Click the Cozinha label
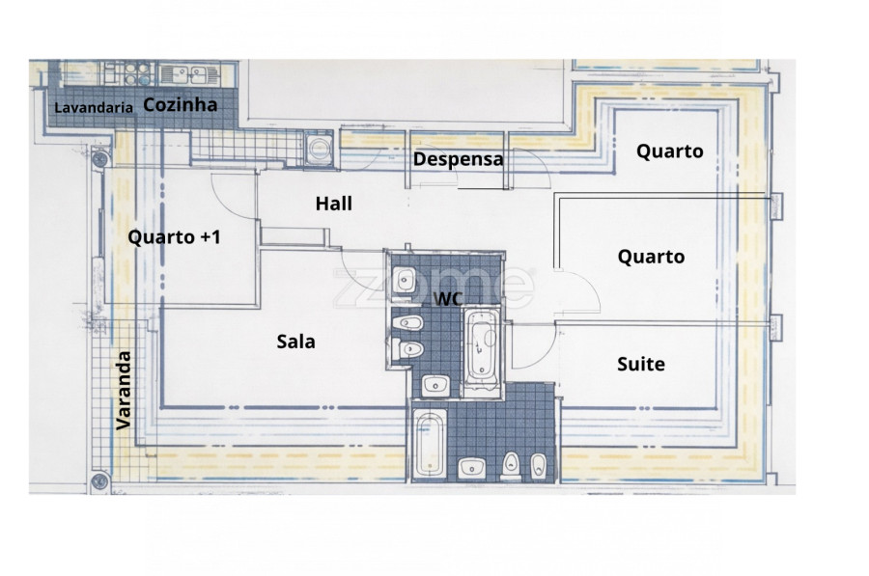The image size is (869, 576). coord(181,104)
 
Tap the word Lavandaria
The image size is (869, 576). coord(94,107)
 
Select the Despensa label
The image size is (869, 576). coord(459,159)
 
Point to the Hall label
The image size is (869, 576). coord(334,204)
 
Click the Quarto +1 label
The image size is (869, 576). coord(175,237)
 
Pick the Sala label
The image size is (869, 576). coord(296,342)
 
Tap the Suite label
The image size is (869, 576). coord(641,364)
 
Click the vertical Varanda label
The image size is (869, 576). coord(124,391)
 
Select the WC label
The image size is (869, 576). coord(448,298)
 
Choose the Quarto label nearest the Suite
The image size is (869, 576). coord(651,257)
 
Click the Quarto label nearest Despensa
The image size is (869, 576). coord(670,151)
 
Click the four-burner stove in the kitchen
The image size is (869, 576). coord(137,73)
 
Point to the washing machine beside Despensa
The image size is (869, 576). coord(318,148)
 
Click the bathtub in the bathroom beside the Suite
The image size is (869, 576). coord(430,444)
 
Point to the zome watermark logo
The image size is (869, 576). coord(434,287)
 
